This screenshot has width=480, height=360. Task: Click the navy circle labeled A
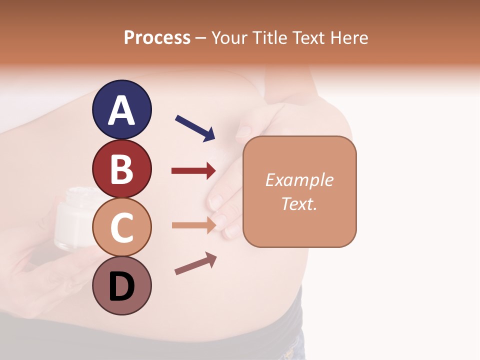pyautogui.click(x=121, y=109)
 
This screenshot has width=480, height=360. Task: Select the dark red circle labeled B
pyautogui.click(x=121, y=168)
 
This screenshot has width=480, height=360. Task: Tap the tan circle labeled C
pyautogui.click(x=121, y=227)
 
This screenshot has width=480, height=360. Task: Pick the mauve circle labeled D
pyautogui.click(x=121, y=285)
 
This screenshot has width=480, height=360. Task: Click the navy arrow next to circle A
pyautogui.click(x=195, y=128)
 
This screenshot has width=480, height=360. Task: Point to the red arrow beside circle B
pyautogui.click(x=193, y=171)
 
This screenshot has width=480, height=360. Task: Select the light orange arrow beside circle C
pyautogui.click(x=193, y=225)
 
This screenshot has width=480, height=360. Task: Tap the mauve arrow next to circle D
pyautogui.click(x=195, y=263)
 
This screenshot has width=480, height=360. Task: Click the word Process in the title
pyautogui.click(x=157, y=38)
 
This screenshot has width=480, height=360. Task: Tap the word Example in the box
pyautogui.click(x=299, y=180)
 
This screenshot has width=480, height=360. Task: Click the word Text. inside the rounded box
pyautogui.click(x=299, y=203)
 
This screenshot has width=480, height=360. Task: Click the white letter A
pyautogui.click(x=121, y=110)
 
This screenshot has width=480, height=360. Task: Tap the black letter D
pyautogui.click(x=121, y=287)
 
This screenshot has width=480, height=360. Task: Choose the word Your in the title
pyautogui.click(x=230, y=38)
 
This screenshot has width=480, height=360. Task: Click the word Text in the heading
pyautogui.click(x=308, y=38)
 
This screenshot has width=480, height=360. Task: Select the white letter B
pyautogui.click(x=121, y=169)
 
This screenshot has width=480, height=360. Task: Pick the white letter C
pyautogui.click(x=121, y=227)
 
